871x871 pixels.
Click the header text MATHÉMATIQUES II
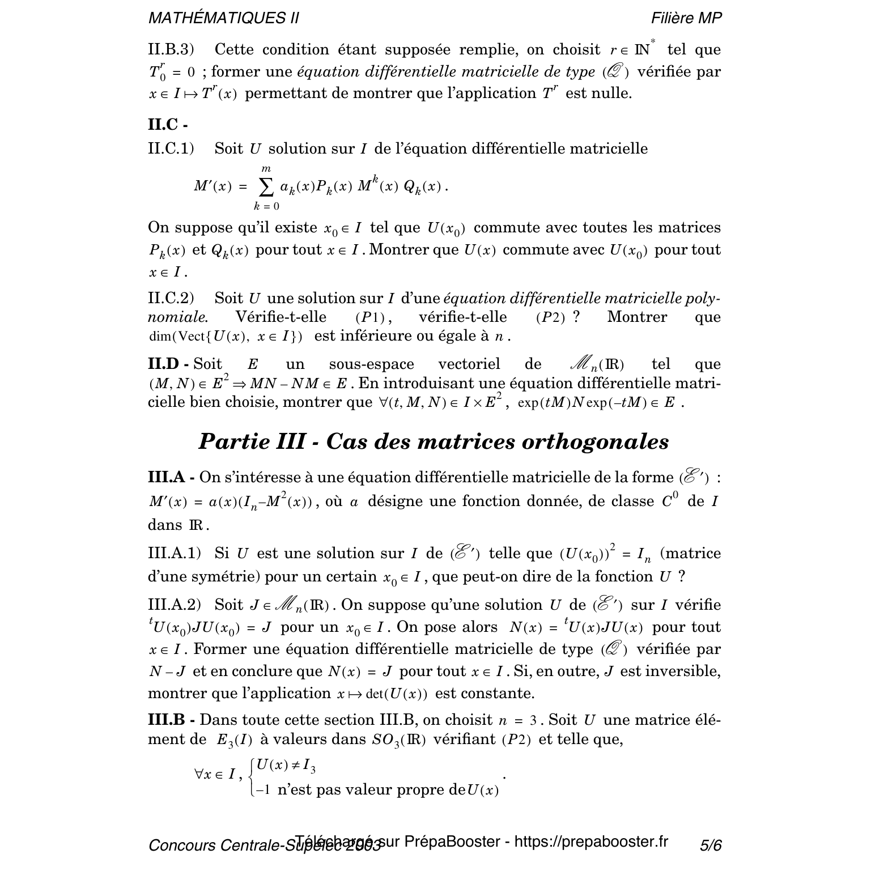click(x=223, y=18)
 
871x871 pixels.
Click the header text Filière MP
click(x=686, y=18)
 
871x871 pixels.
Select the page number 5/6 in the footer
click(x=711, y=845)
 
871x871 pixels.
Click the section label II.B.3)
click(x=171, y=50)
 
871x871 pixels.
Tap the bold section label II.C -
click(x=168, y=125)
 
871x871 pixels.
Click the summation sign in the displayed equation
click(x=266, y=186)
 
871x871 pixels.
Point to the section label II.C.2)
click(x=171, y=298)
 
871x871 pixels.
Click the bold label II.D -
click(x=168, y=364)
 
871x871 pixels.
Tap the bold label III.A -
click(x=171, y=477)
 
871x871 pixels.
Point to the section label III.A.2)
click(x=175, y=605)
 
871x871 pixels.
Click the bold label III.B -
click(x=171, y=720)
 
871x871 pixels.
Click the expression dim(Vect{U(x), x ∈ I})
click(x=225, y=337)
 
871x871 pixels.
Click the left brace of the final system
click(x=252, y=777)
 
